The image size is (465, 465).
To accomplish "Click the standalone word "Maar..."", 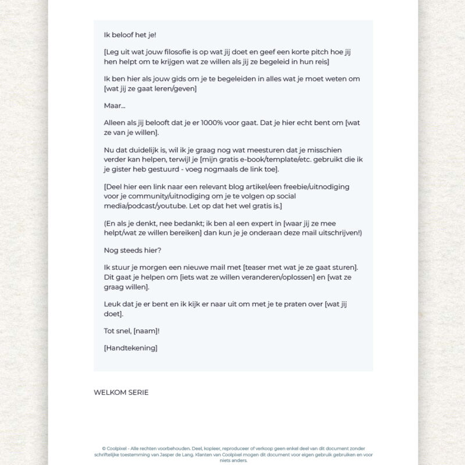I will click(x=115, y=106).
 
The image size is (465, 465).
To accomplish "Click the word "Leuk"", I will click(x=112, y=304).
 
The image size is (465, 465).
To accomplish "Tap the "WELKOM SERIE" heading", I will click(x=121, y=392).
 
